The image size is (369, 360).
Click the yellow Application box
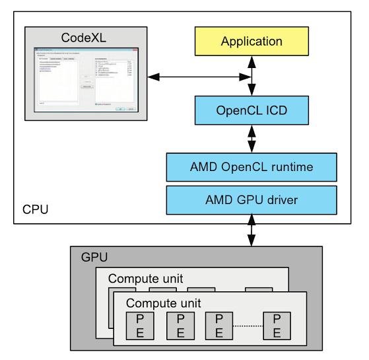[252, 41]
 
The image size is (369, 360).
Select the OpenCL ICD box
[252, 110]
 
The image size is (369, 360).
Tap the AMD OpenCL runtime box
[252, 166]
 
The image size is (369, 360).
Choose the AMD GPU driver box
[252, 199]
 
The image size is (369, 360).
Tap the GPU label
[94, 258]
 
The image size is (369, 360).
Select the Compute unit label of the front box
[163, 303]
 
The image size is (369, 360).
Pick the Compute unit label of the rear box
[145, 278]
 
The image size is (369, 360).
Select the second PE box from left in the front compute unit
[180, 325]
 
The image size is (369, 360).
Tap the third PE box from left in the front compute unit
[218, 325]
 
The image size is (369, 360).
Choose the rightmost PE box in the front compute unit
[276, 325]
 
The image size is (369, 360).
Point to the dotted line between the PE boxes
[248, 325]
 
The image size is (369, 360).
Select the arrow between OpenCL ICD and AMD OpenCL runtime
[252, 139]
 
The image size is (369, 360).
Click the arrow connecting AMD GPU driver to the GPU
[252, 230]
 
